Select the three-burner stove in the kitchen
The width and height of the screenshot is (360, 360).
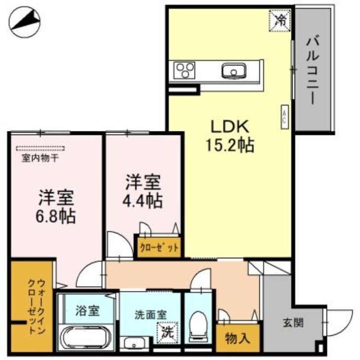tap(184, 70)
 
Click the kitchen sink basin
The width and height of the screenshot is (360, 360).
tap(234, 71)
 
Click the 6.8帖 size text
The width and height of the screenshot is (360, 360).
tap(56, 216)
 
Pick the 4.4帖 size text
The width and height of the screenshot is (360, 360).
tap(144, 200)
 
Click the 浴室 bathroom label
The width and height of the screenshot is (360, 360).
tap(87, 310)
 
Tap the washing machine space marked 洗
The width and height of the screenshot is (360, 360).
tap(168, 333)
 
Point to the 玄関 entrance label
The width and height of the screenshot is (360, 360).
tap(292, 323)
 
